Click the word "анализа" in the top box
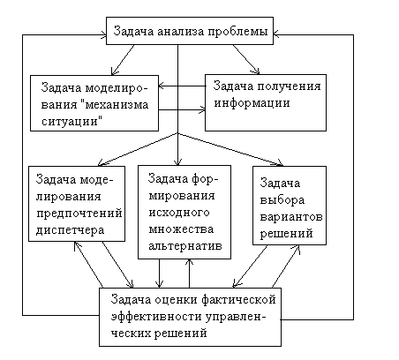pyautogui.click(x=181, y=31)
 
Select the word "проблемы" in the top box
pyautogui.click(x=238, y=32)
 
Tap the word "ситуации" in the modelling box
pyautogui.click(x=72, y=121)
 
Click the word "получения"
pyautogui.click(x=290, y=86)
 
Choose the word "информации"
pyautogui.click(x=252, y=103)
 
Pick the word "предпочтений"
pyautogui.click(x=79, y=214)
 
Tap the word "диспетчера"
pyautogui.click(x=70, y=230)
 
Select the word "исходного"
pyautogui.click(x=179, y=213)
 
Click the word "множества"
pyautogui.click(x=181, y=229)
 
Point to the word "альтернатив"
pyautogui.click(x=185, y=245)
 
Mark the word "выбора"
pyautogui.click(x=282, y=200)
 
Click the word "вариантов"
pyautogui.click(x=291, y=217)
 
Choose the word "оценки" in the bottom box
pyautogui.click(x=176, y=300)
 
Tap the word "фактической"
pyautogui.click(x=238, y=300)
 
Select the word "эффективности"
pyautogui.click(x=156, y=317)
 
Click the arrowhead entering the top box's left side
pyautogui.click(x=103, y=35)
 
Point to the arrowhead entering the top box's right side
pyautogui.click(x=276, y=35)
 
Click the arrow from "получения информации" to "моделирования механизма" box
pyautogui.click(x=182, y=86)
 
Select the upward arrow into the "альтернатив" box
pyautogui.click(x=190, y=274)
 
